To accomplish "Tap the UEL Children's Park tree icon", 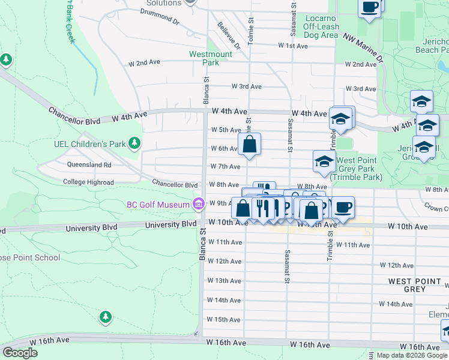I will pyautogui.click(x=136, y=143).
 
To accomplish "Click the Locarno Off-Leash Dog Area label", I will pyautogui.click(x=321, y=27).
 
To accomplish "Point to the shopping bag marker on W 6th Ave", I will pyautogui.click(x=250, y=145).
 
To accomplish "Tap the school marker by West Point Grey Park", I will pyautogui.click(x=324, y=161).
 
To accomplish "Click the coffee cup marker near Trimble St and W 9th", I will pyautogui.click(x=343, y=208).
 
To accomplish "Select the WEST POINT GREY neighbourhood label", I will pyautogui.click(x=415, y=285).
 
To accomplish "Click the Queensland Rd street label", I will pyautogui.click(x=92, y=164).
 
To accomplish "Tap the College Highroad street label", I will pyautogui.click(x=88, y=182).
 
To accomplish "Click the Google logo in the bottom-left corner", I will pyautogui.click(x=20, y=353).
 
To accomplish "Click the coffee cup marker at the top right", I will pyautogui.click(x=370, y=8).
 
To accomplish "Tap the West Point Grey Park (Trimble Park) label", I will pyautogui.click(x=360, y=169).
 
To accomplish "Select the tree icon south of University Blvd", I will pyautogui.click(x=106, y=316).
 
